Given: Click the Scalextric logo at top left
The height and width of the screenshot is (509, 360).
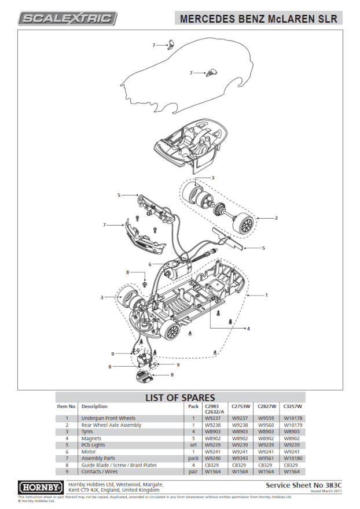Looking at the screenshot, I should (68, 19).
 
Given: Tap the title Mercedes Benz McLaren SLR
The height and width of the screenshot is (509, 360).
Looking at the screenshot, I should (258, 19).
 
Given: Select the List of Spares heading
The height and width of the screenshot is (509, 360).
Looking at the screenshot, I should (179, 398).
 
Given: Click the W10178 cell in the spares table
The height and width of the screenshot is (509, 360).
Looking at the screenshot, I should (293, 418).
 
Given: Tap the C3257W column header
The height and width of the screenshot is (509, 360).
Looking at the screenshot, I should (293, 406).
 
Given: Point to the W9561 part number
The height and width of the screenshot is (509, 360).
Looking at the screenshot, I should (266, 458).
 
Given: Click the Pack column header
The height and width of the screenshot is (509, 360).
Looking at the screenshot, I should (194, 406).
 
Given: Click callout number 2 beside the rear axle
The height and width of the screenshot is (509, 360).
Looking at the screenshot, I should (276, 218).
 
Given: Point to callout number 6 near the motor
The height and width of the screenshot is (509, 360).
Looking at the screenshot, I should (149, 264).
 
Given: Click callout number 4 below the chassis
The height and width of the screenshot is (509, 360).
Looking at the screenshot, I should (248, 329).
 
